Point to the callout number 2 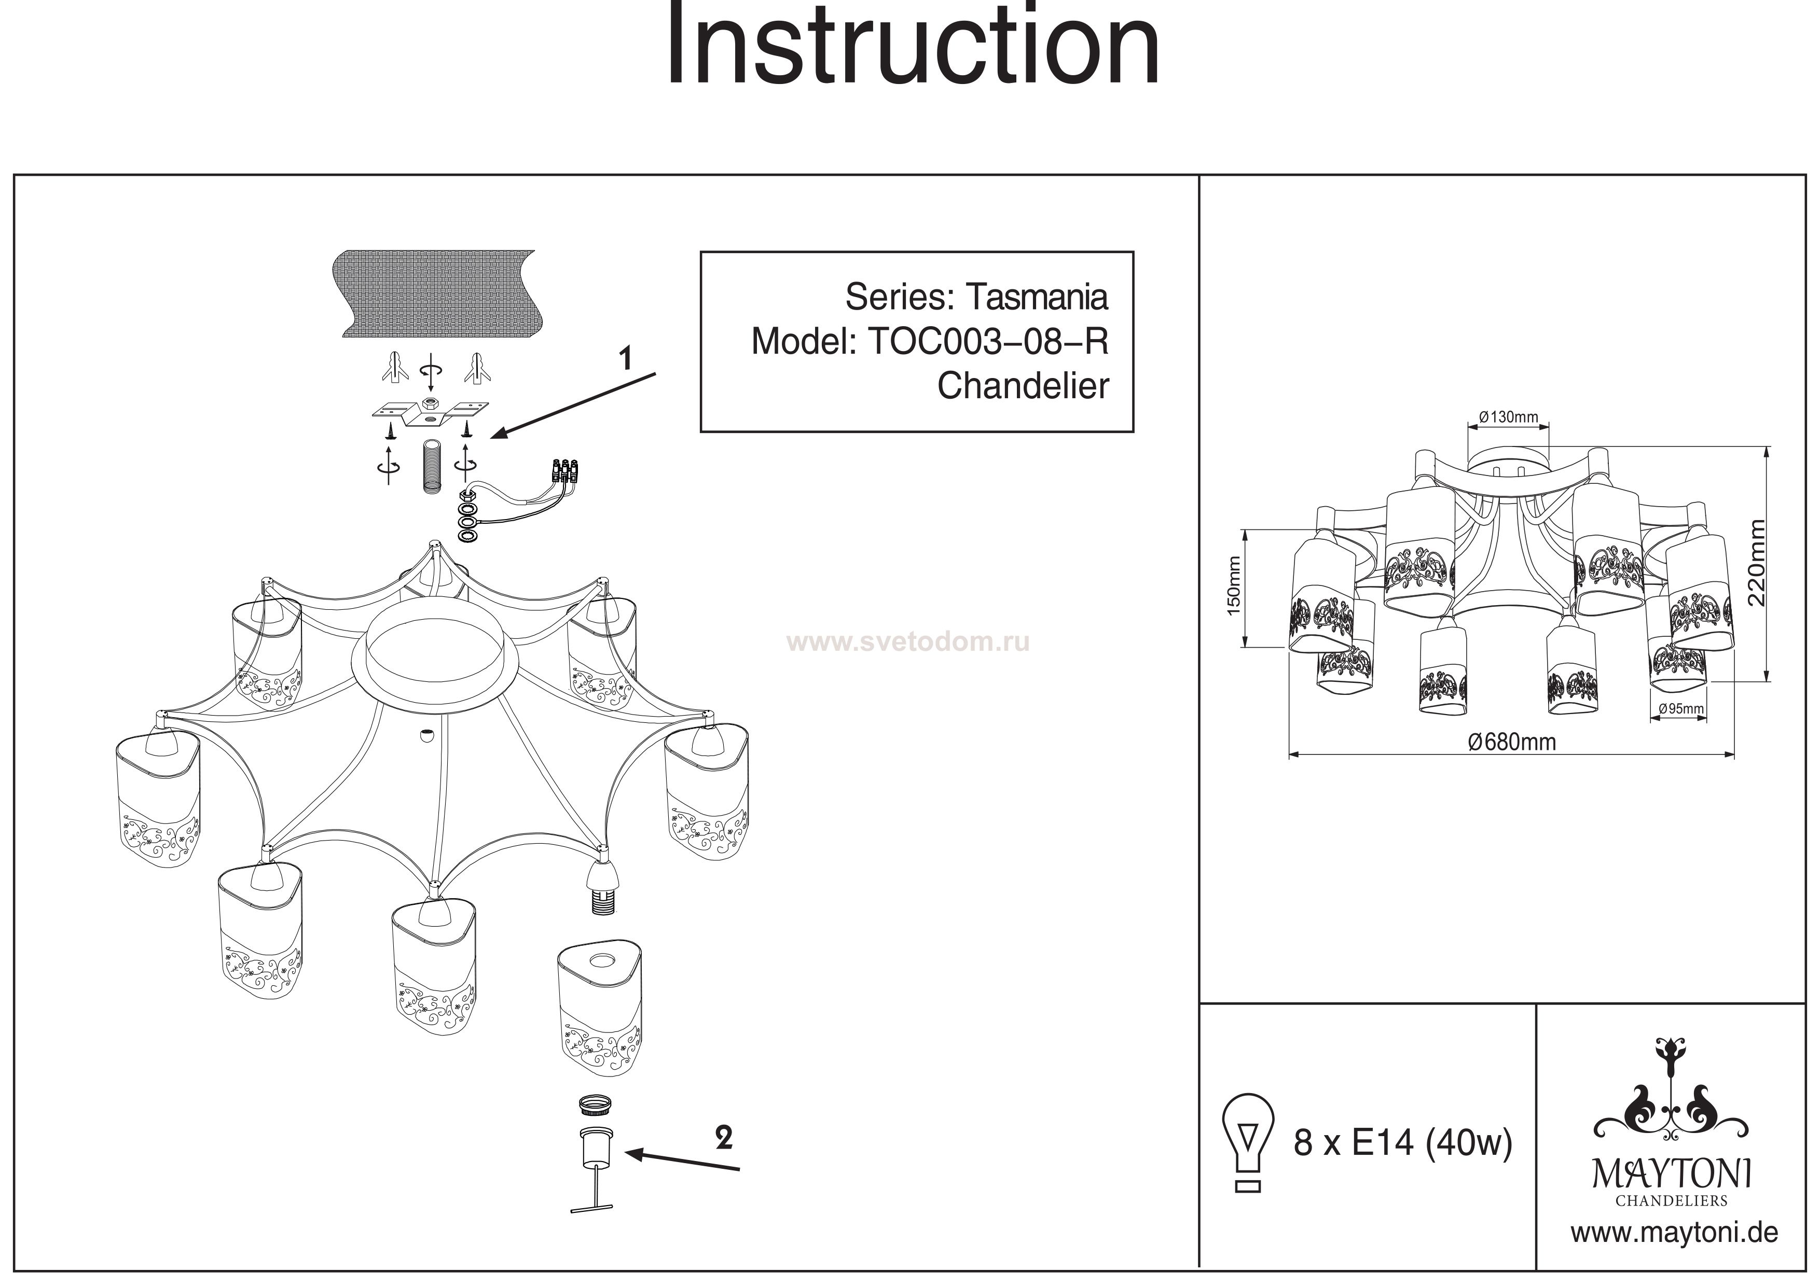(723, 1139)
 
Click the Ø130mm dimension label (1508, 417)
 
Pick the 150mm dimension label (1233, 587)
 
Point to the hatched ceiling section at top (435, 291)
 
